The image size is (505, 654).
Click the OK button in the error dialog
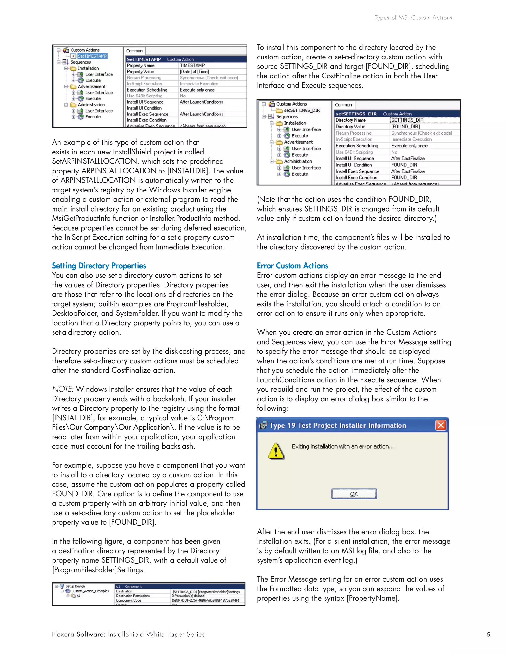click(x=354, y=494)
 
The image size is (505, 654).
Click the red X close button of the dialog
click(x=441, y=425)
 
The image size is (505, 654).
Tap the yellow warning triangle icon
click(x=276, y=451)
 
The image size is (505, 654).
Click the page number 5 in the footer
click(x=488, y=634)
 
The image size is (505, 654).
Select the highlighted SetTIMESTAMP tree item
click(x=92, y=56)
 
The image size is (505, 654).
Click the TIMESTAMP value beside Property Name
click(x=192, y=65)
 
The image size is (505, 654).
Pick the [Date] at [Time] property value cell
click(x=195, y=72)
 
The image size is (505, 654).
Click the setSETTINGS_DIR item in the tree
click(x=302, y=110)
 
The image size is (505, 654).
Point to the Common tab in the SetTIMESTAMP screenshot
click(x=134, y=51)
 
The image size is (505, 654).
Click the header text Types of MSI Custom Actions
click(x=413, y=18)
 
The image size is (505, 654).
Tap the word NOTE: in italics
click(x=63, y=389)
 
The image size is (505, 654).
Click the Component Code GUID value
click(x=205, y=600)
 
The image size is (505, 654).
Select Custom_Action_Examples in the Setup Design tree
click(x=90, y=591)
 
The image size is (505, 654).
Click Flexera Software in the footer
click(x=78, y=634)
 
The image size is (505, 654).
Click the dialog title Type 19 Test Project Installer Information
click(x=338, y=425)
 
